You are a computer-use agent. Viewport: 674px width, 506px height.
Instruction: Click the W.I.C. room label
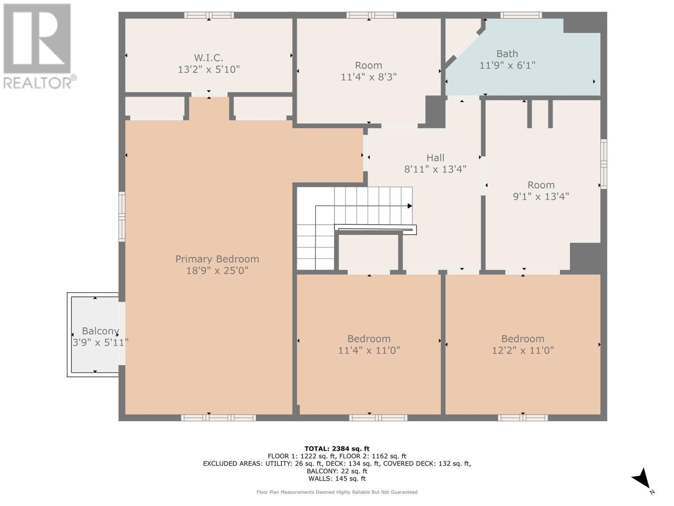209,58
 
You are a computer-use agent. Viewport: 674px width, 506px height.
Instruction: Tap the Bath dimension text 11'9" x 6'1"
507,65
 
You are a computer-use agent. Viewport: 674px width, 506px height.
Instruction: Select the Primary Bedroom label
217,259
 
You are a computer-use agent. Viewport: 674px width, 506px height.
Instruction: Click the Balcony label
100,331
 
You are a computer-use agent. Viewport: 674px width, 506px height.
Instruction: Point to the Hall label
435,158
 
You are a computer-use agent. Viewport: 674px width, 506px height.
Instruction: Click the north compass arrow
642,479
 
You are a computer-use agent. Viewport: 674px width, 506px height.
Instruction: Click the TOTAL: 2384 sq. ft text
337,449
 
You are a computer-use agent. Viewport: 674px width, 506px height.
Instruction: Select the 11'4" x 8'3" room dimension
369,77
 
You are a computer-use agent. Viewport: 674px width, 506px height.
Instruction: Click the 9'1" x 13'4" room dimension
541,196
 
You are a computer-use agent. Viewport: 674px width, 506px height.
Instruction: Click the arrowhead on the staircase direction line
409,206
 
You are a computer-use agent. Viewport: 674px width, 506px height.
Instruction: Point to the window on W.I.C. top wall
209,15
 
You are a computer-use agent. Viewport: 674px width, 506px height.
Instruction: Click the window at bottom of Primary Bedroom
218,418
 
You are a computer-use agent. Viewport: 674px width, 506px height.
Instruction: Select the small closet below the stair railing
369,252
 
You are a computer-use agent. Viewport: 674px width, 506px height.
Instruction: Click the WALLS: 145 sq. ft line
337,479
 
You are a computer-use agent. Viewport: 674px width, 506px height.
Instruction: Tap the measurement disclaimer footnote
337,492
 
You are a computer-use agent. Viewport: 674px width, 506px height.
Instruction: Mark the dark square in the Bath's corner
582,25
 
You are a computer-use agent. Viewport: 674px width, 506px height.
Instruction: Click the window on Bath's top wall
521,15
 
